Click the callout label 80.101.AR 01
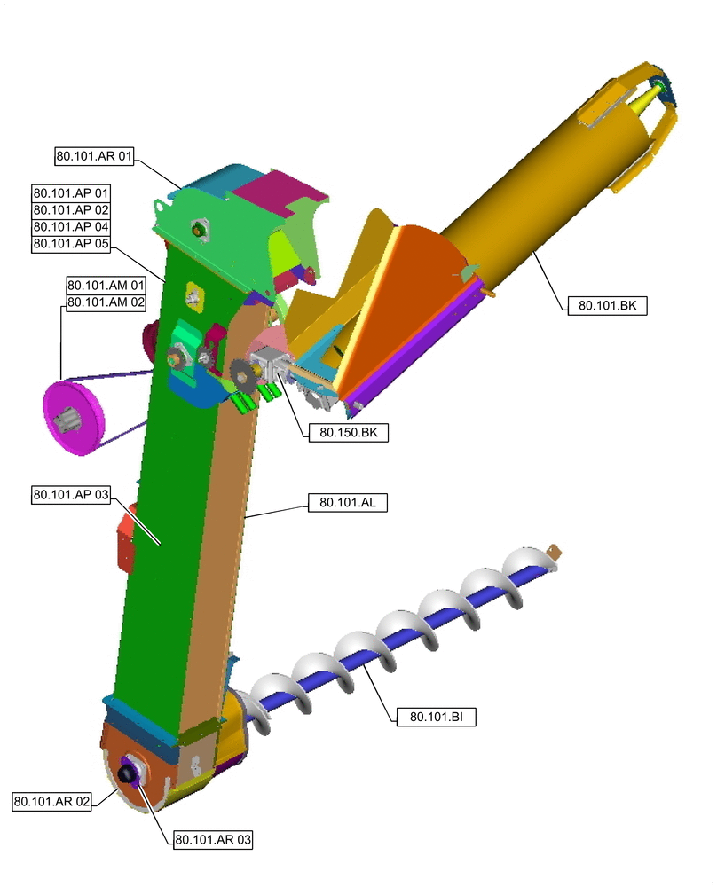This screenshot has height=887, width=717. (x=94, y=155)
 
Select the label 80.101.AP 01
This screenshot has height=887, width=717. (x=71, y=192)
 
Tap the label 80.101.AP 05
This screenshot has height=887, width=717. (x=71, y=244)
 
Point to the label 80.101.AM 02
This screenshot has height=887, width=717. (x=106, y=302)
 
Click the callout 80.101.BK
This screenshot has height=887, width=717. (x=607, y=305)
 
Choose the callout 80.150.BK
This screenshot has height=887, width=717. (x=348, y=433)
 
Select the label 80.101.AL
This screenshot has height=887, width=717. (x=348, y=502)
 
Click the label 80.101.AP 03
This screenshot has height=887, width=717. (x=71, y=494)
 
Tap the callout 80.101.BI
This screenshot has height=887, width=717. (x=436, y=717)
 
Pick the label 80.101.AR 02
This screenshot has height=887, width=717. (x=52, y=802)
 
